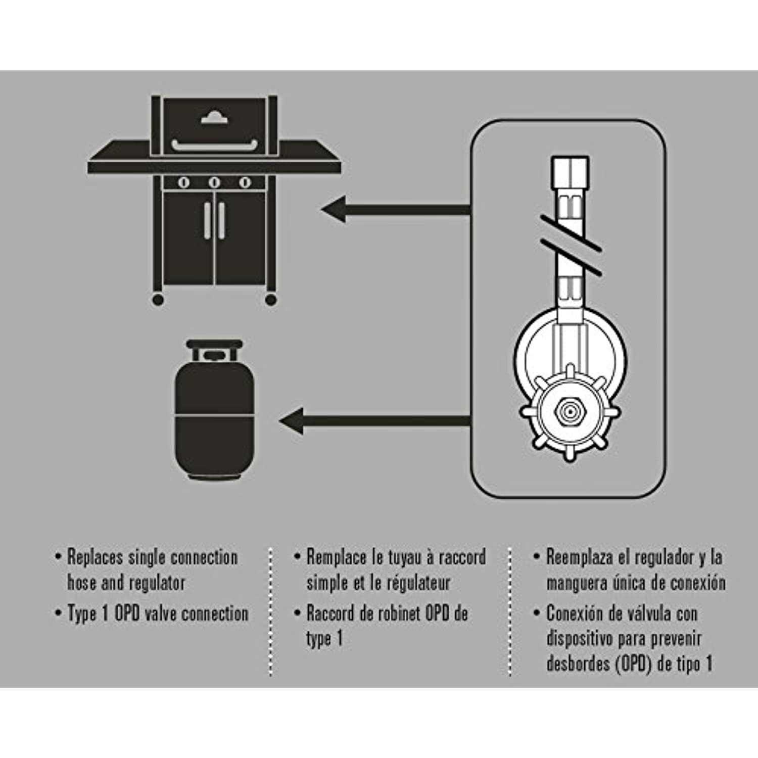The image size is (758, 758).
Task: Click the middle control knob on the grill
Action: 214,182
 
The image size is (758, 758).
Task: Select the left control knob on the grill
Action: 183,182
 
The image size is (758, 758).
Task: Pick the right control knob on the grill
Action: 245,182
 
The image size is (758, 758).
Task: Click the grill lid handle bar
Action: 214,147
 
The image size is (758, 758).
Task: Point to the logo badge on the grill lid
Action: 214,118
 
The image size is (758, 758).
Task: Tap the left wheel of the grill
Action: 158,300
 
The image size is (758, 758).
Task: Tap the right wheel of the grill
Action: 271,300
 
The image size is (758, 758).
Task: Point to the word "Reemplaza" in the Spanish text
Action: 580,557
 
